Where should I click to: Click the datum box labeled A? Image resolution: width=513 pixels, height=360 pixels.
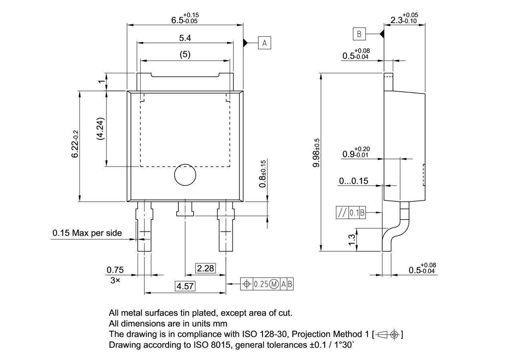point(265,42)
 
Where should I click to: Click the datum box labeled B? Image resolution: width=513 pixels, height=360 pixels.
point(359,34)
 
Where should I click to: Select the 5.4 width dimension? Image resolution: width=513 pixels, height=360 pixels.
point(185,38)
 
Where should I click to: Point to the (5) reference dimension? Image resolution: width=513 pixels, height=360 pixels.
point(185,54)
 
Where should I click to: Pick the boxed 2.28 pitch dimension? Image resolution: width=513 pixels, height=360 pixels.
point(205,268)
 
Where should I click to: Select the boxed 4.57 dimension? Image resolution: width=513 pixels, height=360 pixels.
point(185,286)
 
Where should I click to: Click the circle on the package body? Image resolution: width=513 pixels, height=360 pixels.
point(185,175)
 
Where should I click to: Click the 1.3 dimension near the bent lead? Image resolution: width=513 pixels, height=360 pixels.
point(352,239)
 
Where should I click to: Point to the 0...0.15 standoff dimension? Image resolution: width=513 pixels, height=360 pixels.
point(353,181)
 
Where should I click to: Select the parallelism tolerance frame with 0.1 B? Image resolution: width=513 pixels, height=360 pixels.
point(351,213)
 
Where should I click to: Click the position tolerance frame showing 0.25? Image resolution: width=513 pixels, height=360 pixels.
point(267,284)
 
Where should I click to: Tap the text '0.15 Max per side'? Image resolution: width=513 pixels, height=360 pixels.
point(87,233)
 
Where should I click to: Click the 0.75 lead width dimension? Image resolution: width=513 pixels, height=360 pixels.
point(115,270)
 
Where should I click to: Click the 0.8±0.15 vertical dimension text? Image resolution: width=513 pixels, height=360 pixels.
point(263,174)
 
